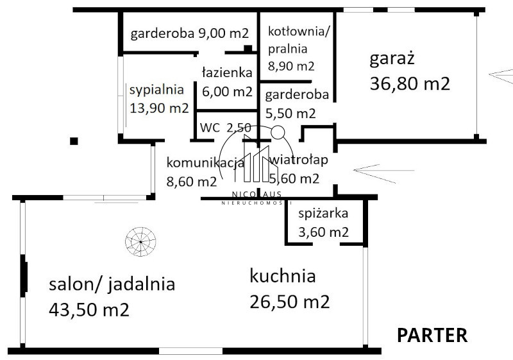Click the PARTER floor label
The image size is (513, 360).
point(432,335)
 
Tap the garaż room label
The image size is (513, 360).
point(392,59)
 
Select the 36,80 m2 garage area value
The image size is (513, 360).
point(410,84)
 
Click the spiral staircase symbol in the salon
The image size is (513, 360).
point(140,241)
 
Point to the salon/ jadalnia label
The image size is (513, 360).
point(112,284)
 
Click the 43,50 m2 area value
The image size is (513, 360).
point(89,309)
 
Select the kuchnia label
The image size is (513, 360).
point(283,276)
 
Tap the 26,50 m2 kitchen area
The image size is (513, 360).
point(290,302)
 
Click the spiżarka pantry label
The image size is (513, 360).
point(323,214)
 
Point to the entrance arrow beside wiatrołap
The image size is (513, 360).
point(383,173)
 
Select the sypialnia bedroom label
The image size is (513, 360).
point(156,90)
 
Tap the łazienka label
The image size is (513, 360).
point(227,73)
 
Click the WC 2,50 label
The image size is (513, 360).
point(226,128)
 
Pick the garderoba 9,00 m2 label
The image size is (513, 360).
point(189,33)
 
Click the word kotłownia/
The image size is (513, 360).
point(299,31)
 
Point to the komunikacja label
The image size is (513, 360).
point(205,162)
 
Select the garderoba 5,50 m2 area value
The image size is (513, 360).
point(290,114)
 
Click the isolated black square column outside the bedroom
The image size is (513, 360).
point(74,141)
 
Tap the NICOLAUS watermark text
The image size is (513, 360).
point(256,194)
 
